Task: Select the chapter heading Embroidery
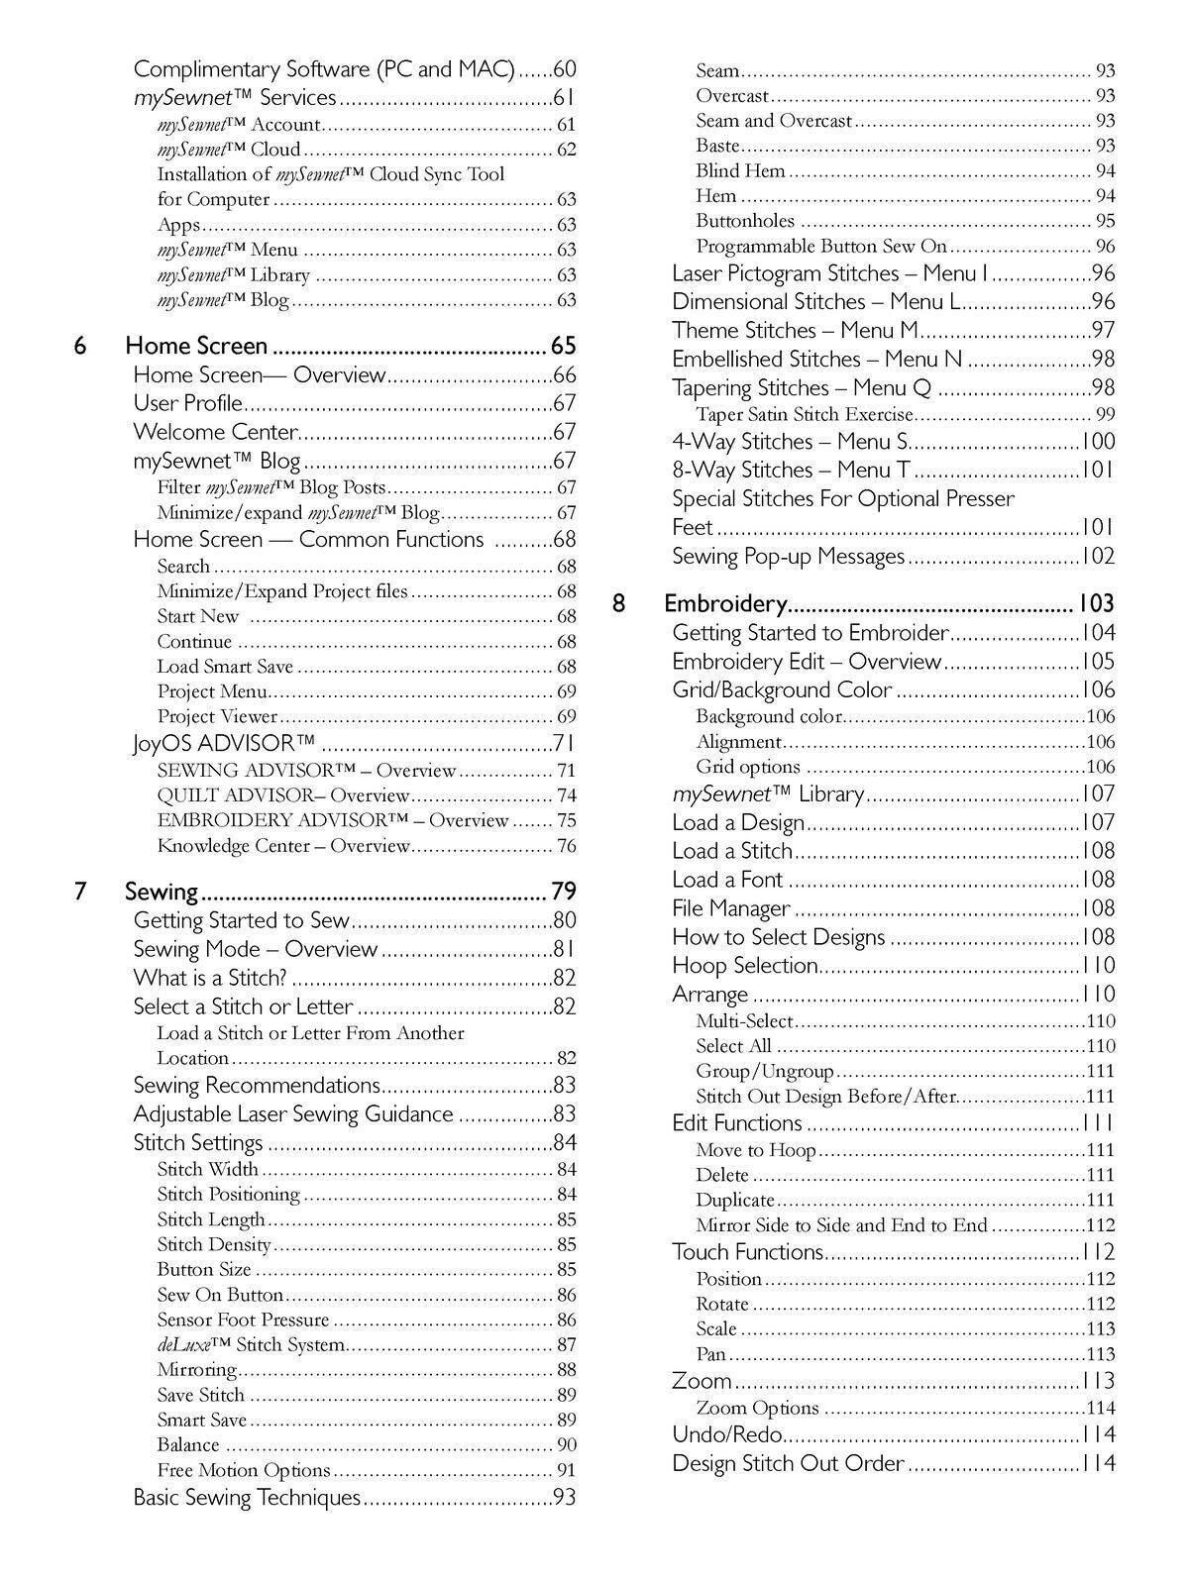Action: (x=724, y=604)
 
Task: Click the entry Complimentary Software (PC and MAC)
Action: (x=324, y=69)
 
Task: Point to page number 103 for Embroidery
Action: (x=1096, y=604)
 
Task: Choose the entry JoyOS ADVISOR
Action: (x=224, y=743)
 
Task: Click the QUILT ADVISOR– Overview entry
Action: (x=282, y=795)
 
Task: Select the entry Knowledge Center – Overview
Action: (x=282, y=846)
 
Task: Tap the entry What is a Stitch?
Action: (x=210, y=978)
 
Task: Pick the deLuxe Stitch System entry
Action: (x=251, y=1345)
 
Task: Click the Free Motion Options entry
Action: (x=244, y=1470)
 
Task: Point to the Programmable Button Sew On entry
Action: (x=821, y=246)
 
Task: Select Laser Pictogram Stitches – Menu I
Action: (x=829, y=273)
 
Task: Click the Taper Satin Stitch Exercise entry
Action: (x=805, y=414)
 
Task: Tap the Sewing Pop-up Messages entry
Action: (x=789, y=557)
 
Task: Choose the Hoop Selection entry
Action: (x=745, y=966)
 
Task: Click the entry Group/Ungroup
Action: (x=765, y=1071)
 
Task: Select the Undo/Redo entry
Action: (x=727, y=1434)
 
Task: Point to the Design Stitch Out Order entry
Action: (x=788, y=1463)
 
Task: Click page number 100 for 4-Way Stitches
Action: (x=1098, y=442)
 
